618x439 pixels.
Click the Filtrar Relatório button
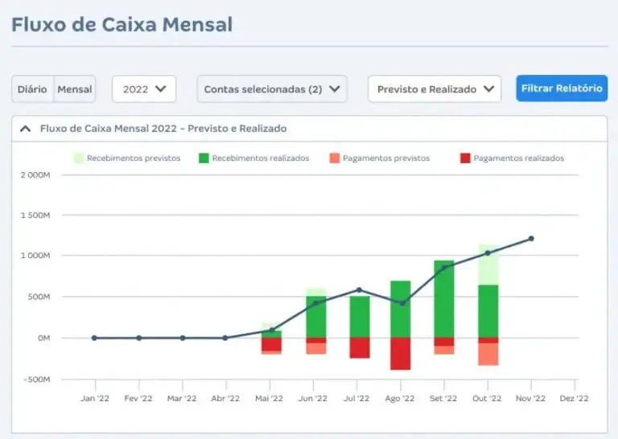click(561, 88)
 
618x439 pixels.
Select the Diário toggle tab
click(32, 89)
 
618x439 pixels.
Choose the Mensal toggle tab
click(75, 89)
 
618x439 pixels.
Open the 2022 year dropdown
click(144, 89)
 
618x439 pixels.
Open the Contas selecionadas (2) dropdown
click(272, 89)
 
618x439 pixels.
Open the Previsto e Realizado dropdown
click(435, 89)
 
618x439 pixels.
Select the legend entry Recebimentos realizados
click(253, 158)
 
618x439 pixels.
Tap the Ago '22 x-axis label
click(399, 398)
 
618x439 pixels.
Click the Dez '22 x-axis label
click(574, 398)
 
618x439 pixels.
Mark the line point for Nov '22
click(531, 239)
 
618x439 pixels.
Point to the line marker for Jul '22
click(359, 290)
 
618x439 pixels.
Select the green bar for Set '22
click(443, 298)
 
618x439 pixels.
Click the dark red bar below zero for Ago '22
click(400, 354)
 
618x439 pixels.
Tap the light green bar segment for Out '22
click(487, 265)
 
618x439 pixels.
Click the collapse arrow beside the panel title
click(25, 129)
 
